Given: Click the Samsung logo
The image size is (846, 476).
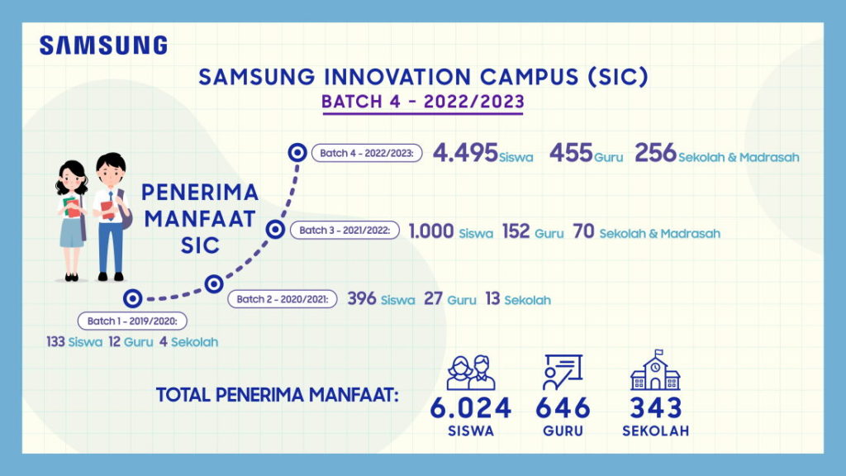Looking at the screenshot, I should pyautogui.click(x=103, y=45).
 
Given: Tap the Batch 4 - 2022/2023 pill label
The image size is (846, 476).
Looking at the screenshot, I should pyautogui.click(x=367, y=153).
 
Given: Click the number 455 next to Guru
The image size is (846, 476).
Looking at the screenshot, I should pyautogui.click(x=570, y=153).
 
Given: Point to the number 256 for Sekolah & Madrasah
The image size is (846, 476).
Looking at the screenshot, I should pyautogui.click(x=656, y=153).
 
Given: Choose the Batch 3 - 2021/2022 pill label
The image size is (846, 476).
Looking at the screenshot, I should pyautogui.click(x=345, y=231).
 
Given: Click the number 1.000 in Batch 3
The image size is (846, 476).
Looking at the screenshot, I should pyautogui.click(x=431, y=231).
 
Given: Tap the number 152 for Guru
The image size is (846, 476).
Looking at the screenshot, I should pyautogui.click(x=516, y=231).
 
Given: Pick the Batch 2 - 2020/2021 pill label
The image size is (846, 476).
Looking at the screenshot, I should pyautogui.click(x=283, y=299).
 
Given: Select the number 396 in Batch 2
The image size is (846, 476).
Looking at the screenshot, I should pyautogui.click(x=362, y=299).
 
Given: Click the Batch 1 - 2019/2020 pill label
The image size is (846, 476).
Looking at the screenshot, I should pyautogui.click(x=132, y=321).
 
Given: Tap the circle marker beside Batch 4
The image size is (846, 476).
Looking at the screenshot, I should pyautogui.click(x=297, y=152).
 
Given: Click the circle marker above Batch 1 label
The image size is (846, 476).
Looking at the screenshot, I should pyautogui.click(x=132, y=298).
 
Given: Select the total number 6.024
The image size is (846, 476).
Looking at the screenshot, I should pyautogui.click(x=471, y=408).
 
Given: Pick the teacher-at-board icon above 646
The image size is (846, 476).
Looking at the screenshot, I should pyautogui.click(x=563, y=372).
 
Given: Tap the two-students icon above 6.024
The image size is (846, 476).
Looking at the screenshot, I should pyautogui.click(x=471, y=373).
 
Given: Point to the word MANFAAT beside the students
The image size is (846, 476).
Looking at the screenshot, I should pyautogui.click(x=199, y=219).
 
